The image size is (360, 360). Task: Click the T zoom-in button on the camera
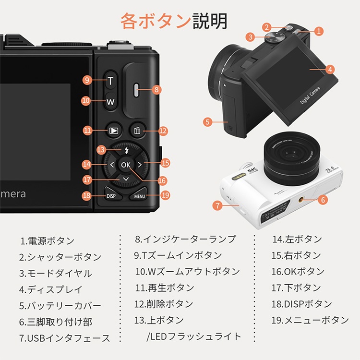click(x=110, y=81)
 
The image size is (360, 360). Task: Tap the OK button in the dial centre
click(x=126, y=165)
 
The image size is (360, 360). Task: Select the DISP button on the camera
click(x=111, y=196)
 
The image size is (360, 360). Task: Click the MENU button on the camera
click(x=139, y=196)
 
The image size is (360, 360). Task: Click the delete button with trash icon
click(x=137, y=131)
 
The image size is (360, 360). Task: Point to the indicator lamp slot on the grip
click(x=136, y=89)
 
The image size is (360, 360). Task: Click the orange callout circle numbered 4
click(x=330, y=69)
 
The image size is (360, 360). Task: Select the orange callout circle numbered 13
click(x=100, y=150)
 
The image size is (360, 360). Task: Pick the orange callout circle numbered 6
click(x=322, y=199)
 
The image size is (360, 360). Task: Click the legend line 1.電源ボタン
click(x=48, y=241)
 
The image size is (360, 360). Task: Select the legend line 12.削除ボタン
click(x=164, y=304)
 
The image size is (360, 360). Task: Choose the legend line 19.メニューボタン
click(x=310, y=320)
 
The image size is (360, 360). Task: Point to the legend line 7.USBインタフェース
click(x=65, y=338)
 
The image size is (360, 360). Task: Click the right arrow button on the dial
click(x=140, y=165)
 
